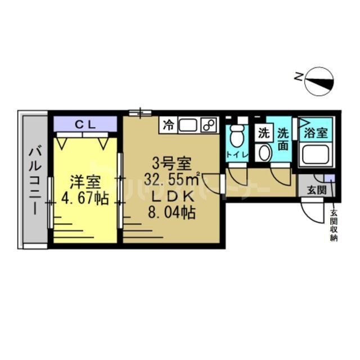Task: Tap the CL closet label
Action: click(85, 123)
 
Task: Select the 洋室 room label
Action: click(85, 183)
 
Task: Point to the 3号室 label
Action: click(172, 165)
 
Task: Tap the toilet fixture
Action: click(237, 135)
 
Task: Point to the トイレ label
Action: click(236, 154)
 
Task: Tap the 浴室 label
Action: click(316, 134)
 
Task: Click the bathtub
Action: click(316, 154)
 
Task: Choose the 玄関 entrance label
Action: click(316, 190)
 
